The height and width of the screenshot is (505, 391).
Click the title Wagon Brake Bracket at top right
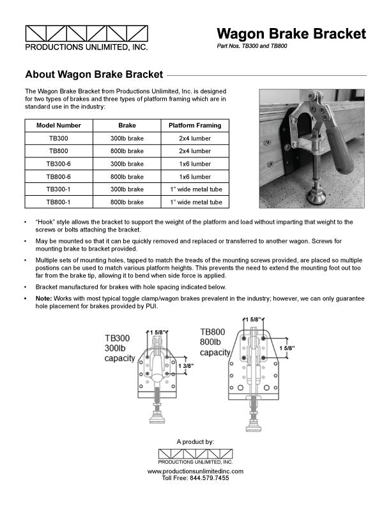[x=291, y=33]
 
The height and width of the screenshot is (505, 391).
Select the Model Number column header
[x=58, y=126]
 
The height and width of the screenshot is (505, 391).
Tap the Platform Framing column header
[x=194, y=126]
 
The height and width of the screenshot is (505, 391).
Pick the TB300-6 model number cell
[x=58, y=164]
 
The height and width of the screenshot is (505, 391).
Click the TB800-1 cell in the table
[x=58, y=202]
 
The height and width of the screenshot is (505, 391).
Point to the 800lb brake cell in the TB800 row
[x=127, y=151]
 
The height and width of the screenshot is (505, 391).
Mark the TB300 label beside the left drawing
[x=118, y=338]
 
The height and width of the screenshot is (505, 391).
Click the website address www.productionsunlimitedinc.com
[x=195, y=471]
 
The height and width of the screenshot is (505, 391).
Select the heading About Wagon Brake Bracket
[x=93, y=75]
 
